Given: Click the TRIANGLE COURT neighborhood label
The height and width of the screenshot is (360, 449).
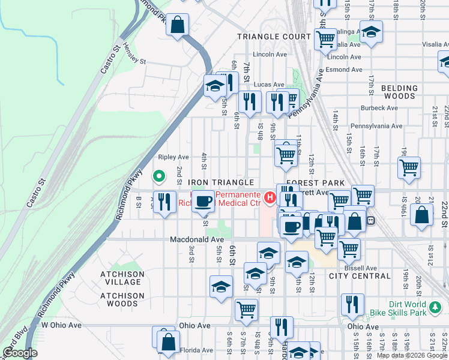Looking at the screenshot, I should pos(273,37).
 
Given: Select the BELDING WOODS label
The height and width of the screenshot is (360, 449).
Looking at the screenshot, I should pos(399,92).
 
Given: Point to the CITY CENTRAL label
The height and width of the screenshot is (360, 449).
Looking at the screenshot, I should pos(360,276).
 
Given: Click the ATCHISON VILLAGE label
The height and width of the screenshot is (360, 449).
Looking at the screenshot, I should pos(122,278).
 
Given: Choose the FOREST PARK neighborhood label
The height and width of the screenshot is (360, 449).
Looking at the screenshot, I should pos(315,182).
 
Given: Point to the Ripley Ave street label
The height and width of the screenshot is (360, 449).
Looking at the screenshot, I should pos(173,157).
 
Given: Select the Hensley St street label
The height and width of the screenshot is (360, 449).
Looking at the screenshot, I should pos(134,54).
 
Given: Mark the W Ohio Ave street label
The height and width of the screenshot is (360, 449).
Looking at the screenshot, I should pos(61,325).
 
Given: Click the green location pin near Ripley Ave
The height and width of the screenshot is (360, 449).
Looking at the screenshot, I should pos(159,176).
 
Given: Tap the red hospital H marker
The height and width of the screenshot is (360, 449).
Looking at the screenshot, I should pos(270,197).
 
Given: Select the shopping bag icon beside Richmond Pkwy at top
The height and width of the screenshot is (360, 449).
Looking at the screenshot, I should pos(178,26).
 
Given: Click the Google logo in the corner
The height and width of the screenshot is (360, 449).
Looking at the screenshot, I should pos(20,353).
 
